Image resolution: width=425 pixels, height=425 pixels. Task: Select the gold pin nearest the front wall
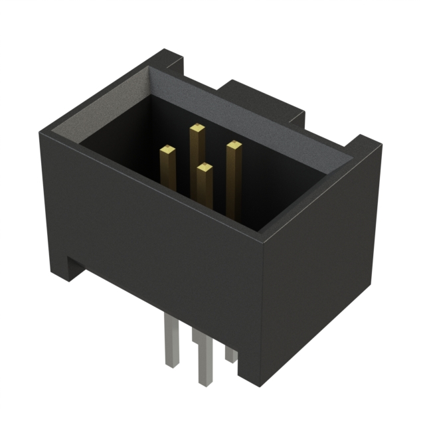click(x=205, y=168)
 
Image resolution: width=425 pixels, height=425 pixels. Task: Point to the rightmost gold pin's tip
click(x=232, y=145)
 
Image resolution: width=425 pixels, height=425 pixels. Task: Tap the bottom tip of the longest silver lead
click(x=203, y=382)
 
